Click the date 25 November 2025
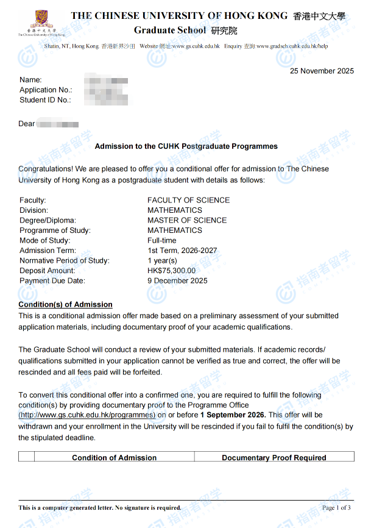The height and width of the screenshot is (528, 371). tap(322, 71)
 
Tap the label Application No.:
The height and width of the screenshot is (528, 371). tap(46, 90)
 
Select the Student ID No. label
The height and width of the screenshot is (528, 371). tap(45, 99)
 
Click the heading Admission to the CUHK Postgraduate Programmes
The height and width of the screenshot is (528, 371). tap(186, 146)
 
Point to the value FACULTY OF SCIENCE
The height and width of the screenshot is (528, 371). tap(188, 200)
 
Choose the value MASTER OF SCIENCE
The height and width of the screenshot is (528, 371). tap(187, 220)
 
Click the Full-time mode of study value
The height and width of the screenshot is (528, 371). tap(162, 240)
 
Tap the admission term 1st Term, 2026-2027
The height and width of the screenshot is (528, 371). tap(182, 251)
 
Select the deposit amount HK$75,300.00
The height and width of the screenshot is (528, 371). tap(172, 271)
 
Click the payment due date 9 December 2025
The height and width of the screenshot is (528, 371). tap(177, 280)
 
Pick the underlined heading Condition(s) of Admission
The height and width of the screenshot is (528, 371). tap(65, 304)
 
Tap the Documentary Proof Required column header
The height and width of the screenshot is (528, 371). tap(274, 457)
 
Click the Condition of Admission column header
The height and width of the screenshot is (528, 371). tap(114, 457)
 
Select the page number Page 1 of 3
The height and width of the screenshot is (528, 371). tap(336, 507)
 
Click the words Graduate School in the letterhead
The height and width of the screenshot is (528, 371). tap(170, 30)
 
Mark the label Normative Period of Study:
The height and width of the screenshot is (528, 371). tap(65, 260)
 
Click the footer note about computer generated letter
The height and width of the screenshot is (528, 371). tap(99, 507)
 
